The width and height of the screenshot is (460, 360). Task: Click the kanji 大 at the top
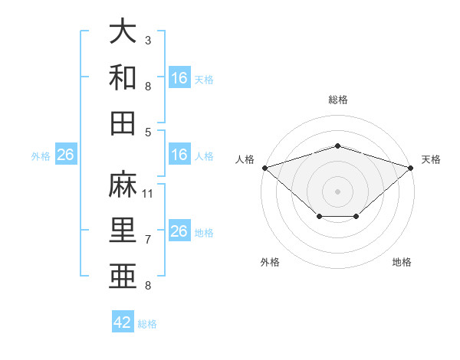pos(123,32)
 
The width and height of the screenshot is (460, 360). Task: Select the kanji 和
pos(123,77)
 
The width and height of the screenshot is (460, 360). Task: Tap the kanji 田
pos(123,123)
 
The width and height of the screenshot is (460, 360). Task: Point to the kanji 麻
pos(123,185)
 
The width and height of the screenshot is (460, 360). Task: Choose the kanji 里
pos(123,230)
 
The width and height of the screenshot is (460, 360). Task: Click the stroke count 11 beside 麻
pos(149,194)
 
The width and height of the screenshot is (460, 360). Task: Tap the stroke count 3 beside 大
pos(148,40)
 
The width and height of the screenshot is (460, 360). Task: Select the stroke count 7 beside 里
pos(148,240)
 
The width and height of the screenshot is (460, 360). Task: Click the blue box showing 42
pos(123,322)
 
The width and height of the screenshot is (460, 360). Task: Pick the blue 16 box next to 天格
pos(179,78)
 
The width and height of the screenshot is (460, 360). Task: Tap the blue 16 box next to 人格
pos(179,155)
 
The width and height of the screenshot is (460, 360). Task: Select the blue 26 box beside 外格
pos(65,155)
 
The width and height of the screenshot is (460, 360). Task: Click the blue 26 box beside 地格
pos(179,232)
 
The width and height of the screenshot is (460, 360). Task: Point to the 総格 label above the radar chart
pos(337,100)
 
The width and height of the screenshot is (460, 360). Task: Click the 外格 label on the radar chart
pos(270,262)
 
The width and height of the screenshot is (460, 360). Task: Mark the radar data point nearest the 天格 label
pos(412,168)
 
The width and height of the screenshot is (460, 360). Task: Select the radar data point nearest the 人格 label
pos(264,168)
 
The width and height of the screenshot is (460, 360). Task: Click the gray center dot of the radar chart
pos(337,191)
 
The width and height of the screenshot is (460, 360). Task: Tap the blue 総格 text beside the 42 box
pos(147,323)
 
